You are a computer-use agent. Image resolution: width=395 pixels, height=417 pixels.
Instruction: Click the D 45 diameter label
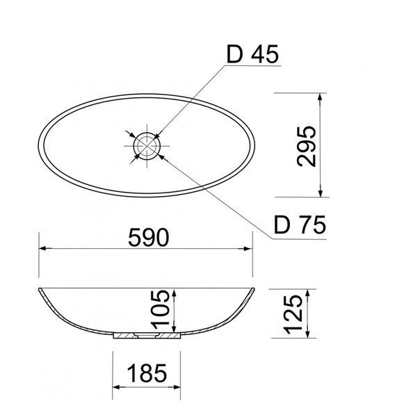pos(252,54)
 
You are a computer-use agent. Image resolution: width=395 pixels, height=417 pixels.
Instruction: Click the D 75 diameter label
pos(300,225)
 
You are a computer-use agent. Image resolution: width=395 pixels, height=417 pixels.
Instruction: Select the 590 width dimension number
pos(148,238)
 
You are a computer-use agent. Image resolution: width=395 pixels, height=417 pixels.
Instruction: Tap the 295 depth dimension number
pos(307,146)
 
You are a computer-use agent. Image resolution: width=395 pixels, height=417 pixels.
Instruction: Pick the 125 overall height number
pos(293,314)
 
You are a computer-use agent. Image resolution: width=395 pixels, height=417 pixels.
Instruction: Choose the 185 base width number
pos(147,373)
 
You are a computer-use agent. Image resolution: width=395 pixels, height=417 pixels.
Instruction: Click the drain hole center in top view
pos(147,146)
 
